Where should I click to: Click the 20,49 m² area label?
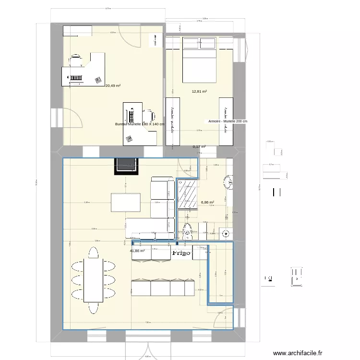[x=113, y=85]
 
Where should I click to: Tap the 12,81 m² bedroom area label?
[x=199, y=91]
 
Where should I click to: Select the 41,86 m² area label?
[x=137, y=251]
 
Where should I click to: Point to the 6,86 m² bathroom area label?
[x=207, y=203]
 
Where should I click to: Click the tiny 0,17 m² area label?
[x=199, y=147]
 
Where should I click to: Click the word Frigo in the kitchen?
[x=181, y=252]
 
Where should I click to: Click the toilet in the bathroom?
[x=188, y=229]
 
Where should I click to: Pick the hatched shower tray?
[x=187, y=195]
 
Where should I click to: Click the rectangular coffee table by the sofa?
[x=126, y=202]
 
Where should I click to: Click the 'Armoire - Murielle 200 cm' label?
[x=228, y=122]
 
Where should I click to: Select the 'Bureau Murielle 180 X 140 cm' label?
[x=140, y=124]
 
